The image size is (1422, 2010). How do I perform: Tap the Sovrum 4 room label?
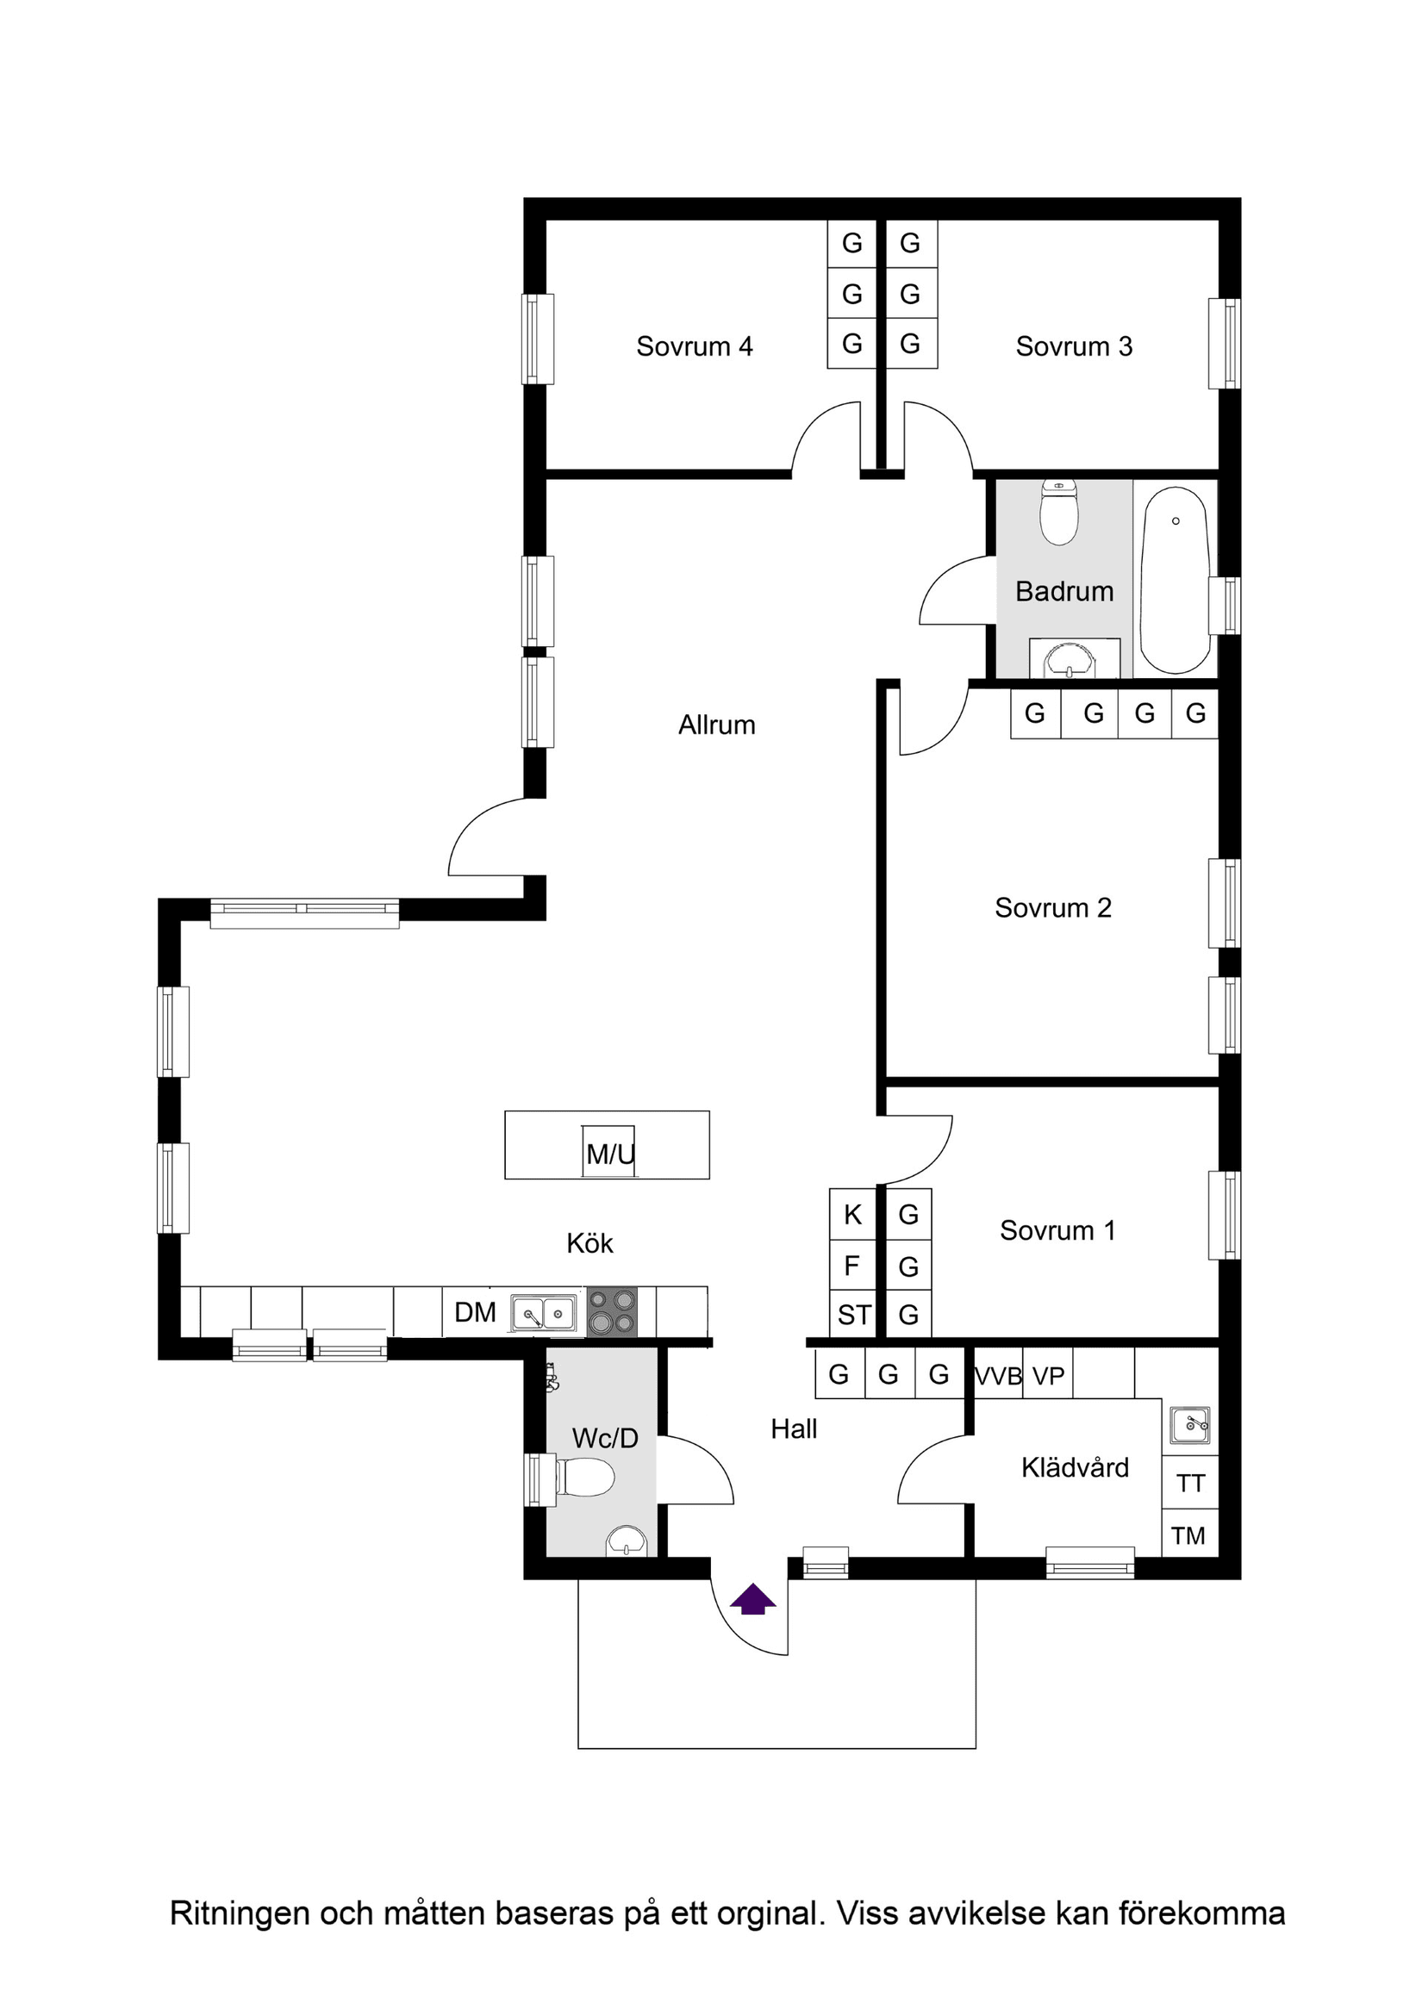coord(695,346)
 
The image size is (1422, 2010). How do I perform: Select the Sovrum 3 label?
coord(1074,346)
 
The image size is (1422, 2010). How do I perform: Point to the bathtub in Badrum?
coord(1176,580)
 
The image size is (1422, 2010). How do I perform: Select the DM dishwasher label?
coord(476,1312)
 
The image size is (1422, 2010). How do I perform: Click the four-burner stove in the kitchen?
coord(611,1312)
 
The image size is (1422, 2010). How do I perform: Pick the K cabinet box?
coord(853,1215)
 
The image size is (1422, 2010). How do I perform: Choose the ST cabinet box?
coord(854,1315)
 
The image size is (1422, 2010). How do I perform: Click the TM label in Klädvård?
coord(1188,1535)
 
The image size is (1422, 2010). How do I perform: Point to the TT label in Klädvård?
coord(1190,1483)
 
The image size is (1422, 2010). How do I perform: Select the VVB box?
coord(998,1376)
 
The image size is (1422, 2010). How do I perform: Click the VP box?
coord(1048,1376)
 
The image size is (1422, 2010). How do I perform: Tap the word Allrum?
coord(716,725)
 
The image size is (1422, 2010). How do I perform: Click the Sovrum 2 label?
coord(1052,908)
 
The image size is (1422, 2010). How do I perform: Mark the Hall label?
coord(794,1428)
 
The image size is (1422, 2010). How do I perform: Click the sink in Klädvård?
coord(1190,1425)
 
